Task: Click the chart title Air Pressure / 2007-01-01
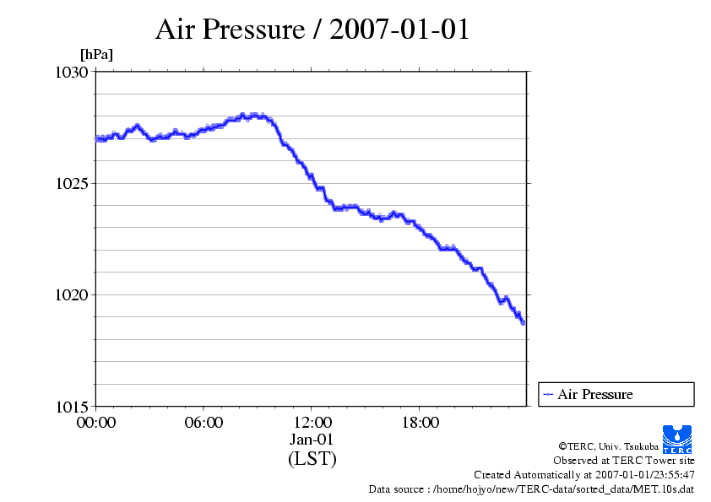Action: point(312,30)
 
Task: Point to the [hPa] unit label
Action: point(96,55)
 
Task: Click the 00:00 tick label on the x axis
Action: point(95,422)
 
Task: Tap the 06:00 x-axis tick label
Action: point(204,422)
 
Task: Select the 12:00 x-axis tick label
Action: point(312,422)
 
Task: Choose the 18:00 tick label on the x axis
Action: point(420,422)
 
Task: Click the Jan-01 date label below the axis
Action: point(312,440)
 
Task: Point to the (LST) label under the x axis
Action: point(312,459)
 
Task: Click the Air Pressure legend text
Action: point(594,394)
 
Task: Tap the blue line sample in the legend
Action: point(548,394)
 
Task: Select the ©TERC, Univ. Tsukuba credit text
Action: point(608,446)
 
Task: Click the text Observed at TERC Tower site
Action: point(623,461)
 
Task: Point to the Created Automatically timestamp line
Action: point(583,475)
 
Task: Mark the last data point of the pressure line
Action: point(524,322)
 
